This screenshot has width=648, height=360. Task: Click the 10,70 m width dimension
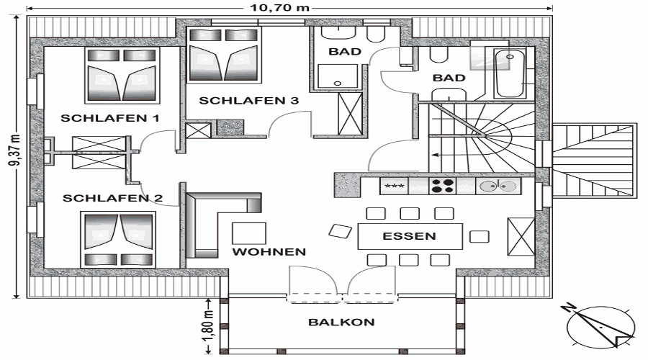[280, 7]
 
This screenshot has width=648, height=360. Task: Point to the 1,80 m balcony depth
[208, 325]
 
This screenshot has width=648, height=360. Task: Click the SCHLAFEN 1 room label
[110, 118]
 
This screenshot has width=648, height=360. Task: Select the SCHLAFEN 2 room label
[112, 198]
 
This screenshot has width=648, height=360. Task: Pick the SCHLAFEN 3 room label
[249, 100]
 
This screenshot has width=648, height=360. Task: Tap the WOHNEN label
[269, 252]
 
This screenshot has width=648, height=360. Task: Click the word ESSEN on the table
[409, 236]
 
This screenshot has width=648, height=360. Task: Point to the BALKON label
[342, 322]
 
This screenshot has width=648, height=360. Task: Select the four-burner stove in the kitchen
[442, 186]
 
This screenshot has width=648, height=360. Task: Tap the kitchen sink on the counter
[498, 186]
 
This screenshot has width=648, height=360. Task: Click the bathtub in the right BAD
[510, 73]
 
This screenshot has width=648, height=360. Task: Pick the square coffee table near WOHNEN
[249, 233]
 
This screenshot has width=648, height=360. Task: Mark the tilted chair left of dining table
[340, 231]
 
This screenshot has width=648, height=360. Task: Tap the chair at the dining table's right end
[480, 237]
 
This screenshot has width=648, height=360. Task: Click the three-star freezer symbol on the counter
[395, 186]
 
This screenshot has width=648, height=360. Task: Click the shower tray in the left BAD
[337, 76]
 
